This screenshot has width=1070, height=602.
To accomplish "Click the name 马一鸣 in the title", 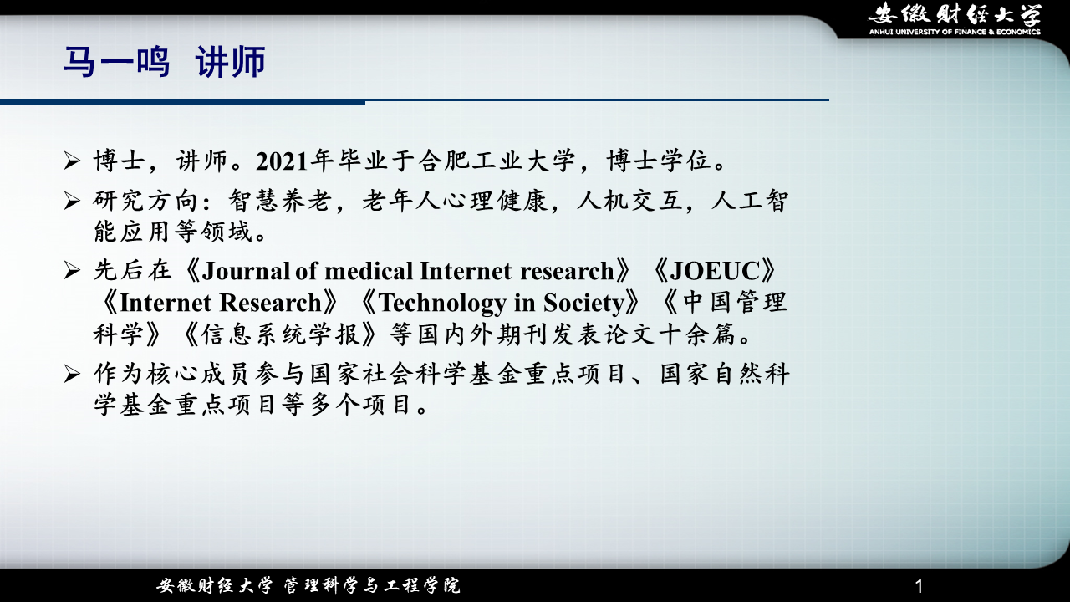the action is (x=116, y=62).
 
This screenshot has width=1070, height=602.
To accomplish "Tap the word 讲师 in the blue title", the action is (x=230, y=62).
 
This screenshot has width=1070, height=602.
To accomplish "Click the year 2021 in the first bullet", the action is (x=282, y=161).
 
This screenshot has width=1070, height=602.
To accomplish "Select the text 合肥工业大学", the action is (x=497, y=161).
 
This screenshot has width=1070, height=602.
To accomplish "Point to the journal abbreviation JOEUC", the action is (x=715, y=271).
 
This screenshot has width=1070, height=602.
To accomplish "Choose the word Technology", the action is (x=442, y=304).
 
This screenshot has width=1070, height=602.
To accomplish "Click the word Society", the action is (x=583, y=304).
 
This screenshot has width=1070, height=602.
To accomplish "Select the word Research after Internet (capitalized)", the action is (x=270, y=303).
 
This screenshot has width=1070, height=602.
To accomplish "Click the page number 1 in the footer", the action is (x=919, y=586).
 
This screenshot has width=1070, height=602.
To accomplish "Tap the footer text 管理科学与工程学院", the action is (x=372, y=585).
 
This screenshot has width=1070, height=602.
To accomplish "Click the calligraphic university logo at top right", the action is (x=955, y=14).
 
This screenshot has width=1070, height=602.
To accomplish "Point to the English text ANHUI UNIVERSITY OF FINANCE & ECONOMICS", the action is (x=955, y=32).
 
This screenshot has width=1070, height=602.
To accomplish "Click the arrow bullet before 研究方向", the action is (x=72, y=202).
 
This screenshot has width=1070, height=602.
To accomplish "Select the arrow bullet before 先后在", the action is (x=72, y=271).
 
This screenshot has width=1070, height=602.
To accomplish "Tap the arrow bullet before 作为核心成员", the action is (x=72, y=374).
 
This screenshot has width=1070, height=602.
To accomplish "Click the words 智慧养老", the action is (x=279, y=201).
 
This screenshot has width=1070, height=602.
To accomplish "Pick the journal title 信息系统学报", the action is (x=280, y=334).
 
